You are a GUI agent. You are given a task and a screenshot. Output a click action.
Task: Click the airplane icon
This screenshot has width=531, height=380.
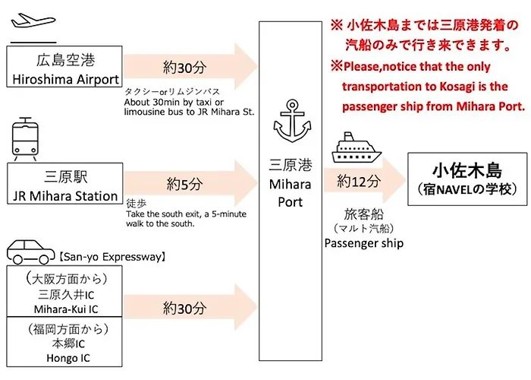click(x=33, y=21)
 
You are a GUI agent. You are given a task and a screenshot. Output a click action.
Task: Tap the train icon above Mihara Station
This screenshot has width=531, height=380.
click(x=25, y=139)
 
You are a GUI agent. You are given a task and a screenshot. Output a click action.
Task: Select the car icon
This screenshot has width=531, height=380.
click(x=30, y=252)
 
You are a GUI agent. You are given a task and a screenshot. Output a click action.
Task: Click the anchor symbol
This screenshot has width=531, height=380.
click(x=292, y=121)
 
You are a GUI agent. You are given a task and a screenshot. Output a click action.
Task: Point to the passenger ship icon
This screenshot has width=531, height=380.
click(x=357, y=147)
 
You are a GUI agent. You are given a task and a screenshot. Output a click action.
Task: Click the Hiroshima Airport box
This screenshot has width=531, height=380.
click(x=64, y=67)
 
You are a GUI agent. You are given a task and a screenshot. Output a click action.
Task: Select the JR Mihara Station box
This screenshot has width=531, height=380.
click(x=65, y=183)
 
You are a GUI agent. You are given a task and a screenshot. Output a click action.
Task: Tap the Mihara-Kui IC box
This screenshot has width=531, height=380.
click(x=64, y=291)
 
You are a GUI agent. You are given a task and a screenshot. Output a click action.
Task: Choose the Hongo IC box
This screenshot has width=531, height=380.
click(x=64, y=342)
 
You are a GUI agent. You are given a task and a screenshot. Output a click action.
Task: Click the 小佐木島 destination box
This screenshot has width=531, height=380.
click(x=467, y=179)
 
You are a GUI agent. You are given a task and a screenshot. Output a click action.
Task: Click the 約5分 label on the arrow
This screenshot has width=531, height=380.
click(x=184, y=184)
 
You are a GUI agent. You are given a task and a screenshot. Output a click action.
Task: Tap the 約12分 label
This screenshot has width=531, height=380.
click(x=359, y=182)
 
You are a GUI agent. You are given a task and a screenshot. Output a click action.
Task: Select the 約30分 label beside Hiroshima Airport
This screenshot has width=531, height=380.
click(x=184, y=68)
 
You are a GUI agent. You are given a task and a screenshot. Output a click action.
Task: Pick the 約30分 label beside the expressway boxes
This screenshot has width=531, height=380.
click(x=184, y=308)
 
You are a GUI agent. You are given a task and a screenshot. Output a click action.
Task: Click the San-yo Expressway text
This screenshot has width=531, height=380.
click(x=112, y=257)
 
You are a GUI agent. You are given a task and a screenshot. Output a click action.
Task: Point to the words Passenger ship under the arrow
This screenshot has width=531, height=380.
click(x=364, y=243)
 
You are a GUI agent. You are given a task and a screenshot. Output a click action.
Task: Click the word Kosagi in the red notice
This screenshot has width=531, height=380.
click(x=457, y=87)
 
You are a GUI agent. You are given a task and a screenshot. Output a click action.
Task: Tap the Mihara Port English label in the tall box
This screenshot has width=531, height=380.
click(x=291, y=193)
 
